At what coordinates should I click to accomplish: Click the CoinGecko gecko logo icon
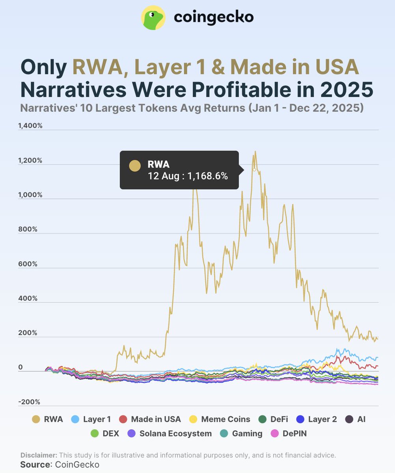point(153,18)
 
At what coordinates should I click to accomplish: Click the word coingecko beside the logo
point(213,17)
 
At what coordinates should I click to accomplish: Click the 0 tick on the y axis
point(20,367)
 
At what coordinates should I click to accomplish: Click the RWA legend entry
point(47,419)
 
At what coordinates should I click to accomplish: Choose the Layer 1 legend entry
point(91,419)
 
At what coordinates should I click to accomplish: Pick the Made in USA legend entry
point(150,419)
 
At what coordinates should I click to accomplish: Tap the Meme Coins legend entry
point(220,419)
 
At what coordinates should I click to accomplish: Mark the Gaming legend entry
point(241,434)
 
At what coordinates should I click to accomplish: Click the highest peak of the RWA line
point(255,151)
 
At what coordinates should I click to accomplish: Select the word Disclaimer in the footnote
point(38,455)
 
